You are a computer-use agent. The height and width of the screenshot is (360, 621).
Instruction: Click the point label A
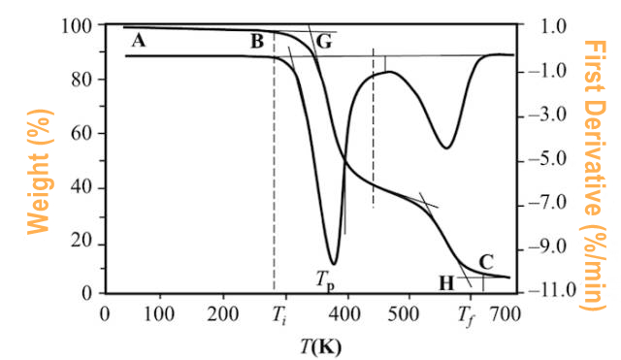138,41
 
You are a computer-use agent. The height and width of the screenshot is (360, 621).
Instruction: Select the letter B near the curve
257,41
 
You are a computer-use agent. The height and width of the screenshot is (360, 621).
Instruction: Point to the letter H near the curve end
446,282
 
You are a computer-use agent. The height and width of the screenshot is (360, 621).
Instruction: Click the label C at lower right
487,261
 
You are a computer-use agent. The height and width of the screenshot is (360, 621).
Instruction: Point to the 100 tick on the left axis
76,26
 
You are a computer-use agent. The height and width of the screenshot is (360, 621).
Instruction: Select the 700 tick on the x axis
505,314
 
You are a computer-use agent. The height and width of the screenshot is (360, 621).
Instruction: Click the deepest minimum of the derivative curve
334,263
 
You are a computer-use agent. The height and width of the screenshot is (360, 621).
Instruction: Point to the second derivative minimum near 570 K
445,147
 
